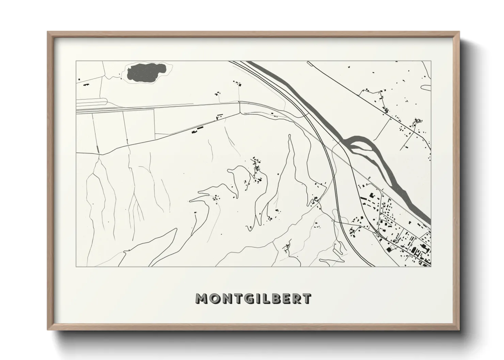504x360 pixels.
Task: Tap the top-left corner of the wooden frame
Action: [x=48, y=32]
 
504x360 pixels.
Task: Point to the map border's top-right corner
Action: [x=431, y=61]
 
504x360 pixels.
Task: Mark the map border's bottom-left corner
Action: [x=76, y=266]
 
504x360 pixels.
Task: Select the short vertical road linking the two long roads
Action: [x=240, y=107]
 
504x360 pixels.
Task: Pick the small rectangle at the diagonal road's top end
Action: [x=310, y=63]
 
